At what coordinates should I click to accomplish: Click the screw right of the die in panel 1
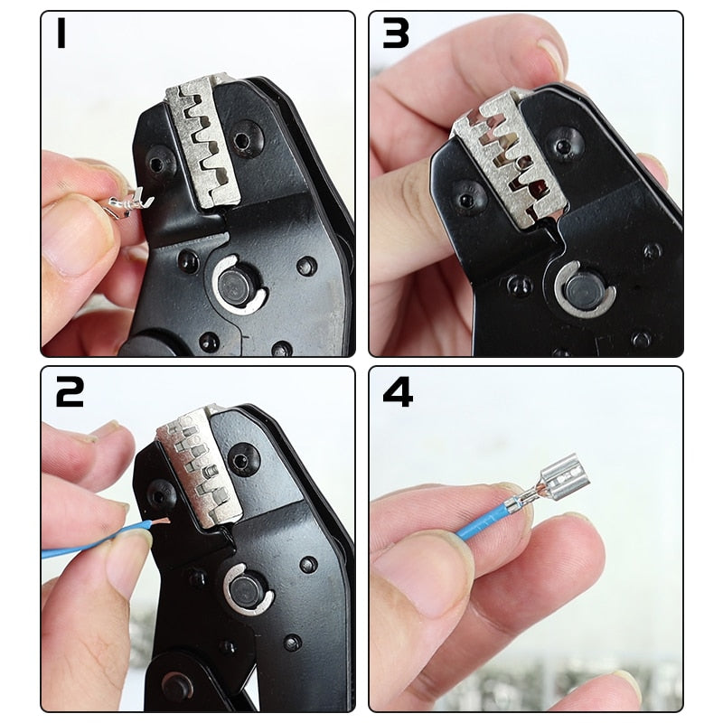pos(242,141)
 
